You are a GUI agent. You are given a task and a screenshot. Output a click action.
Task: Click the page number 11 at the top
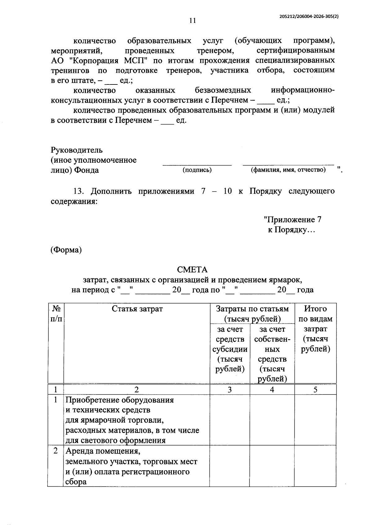coord(192,21)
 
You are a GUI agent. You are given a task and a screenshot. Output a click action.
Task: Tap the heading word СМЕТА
coord(192,270)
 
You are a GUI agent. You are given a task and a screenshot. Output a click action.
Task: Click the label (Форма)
coord(66,250)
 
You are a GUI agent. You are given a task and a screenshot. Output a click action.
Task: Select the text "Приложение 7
coord(292,220)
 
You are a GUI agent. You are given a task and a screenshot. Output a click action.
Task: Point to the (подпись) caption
coord(197,170)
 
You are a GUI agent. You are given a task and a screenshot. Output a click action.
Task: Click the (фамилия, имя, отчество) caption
coord(288,170)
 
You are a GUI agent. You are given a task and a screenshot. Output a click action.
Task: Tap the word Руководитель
coord(77,150)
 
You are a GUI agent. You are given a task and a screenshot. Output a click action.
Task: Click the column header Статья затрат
coord(137,309)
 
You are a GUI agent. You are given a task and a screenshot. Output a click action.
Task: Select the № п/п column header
coord(56,314)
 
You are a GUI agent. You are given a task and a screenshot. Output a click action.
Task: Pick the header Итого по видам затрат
coord(315,329)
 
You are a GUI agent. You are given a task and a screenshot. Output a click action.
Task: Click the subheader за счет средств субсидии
coord(230,349)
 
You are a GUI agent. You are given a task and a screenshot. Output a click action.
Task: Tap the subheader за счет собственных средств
coord(272,354)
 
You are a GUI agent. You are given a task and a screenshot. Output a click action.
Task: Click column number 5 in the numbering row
coord(315,390)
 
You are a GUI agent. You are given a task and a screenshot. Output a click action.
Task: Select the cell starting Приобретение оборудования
coord(132,420)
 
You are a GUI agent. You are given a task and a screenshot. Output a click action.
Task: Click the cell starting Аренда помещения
coord(131,466)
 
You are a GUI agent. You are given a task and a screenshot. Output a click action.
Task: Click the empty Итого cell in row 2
coord(315,466)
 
